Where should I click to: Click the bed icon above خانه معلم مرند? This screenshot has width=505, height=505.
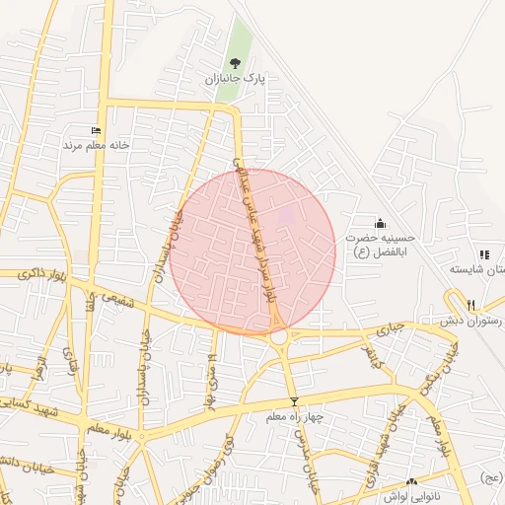coord(96,130)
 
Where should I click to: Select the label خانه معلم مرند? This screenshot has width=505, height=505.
coord(97,145)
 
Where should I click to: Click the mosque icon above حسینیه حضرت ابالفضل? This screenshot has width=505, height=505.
coord(381,224)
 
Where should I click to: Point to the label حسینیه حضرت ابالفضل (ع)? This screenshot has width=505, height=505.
coord(381,245)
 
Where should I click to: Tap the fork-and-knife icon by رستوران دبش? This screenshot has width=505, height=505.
coord(471,305)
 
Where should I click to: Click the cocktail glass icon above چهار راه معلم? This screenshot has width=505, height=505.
coord(293,401)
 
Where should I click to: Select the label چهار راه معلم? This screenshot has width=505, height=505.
coord(293,417)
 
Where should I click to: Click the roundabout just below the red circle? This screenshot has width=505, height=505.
coord(278,336)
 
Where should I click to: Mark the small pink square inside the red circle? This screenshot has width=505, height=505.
coord(287,214)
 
